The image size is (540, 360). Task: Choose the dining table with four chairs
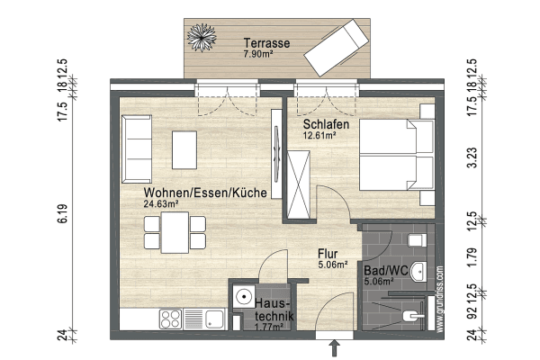pos(175,234)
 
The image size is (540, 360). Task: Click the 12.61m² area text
pos(319,136)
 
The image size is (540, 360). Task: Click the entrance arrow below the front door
pos(336,346)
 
